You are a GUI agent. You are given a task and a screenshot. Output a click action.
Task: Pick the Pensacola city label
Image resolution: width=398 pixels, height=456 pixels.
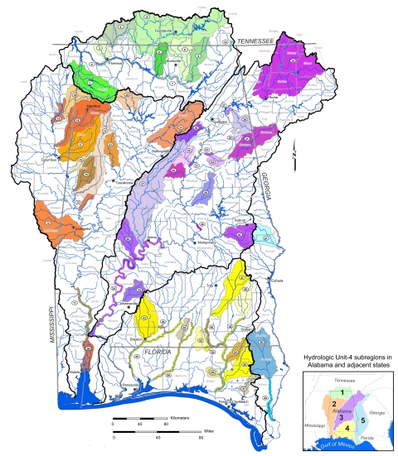pyautogui.click(x=126, y=386)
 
